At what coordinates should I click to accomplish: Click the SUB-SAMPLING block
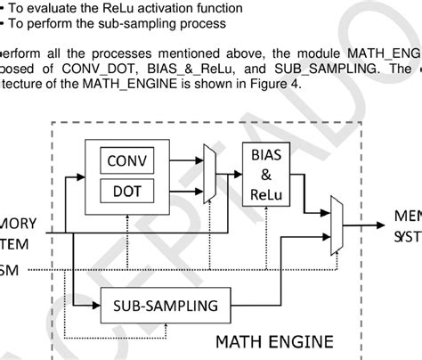(x=165, y=306)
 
